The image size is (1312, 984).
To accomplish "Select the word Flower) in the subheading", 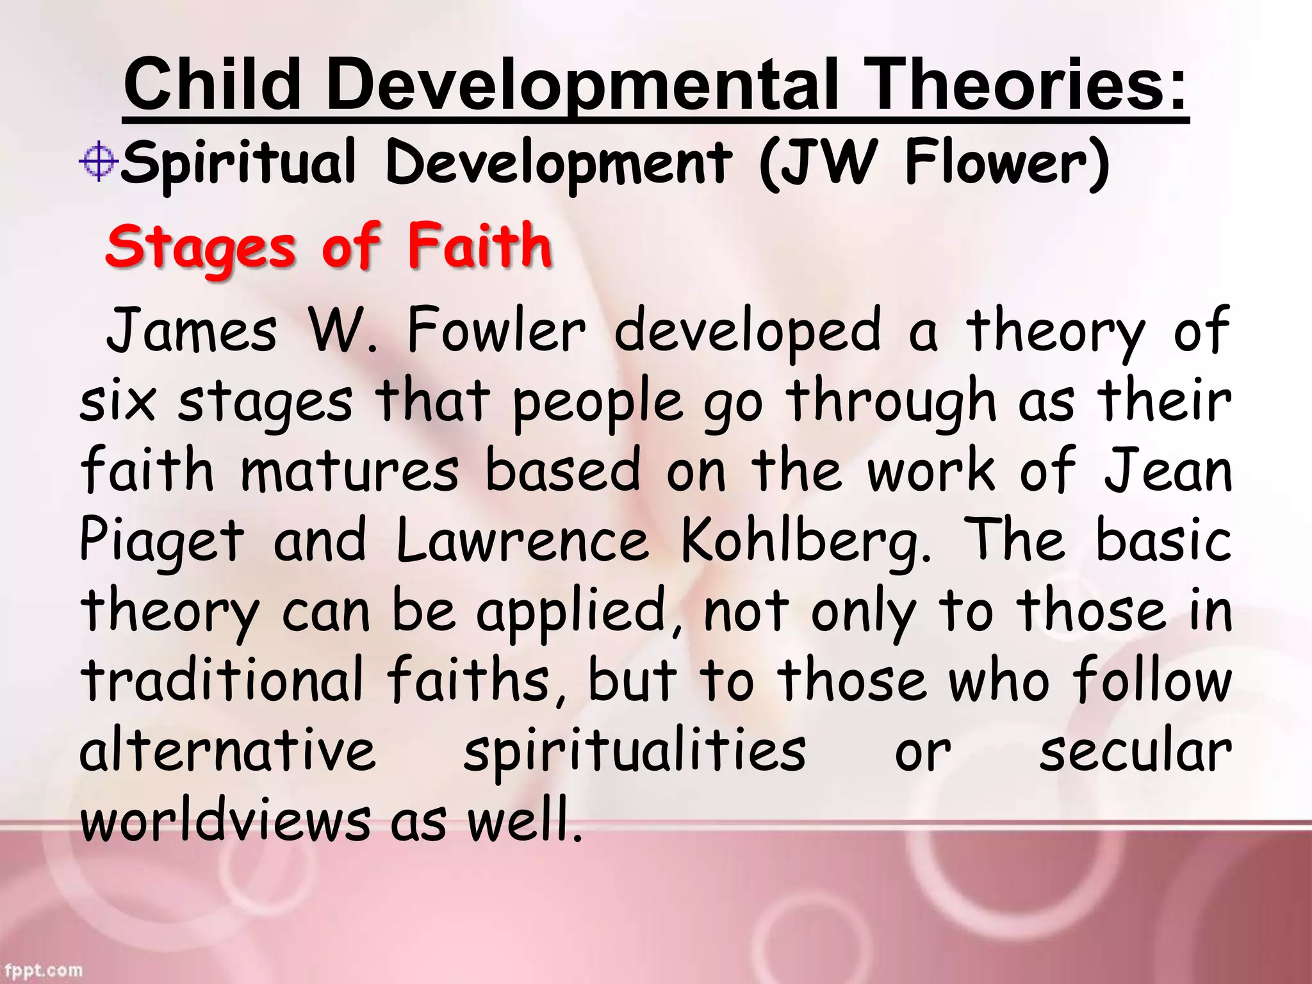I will click(x=1006, y=163).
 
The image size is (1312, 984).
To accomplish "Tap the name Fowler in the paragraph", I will click(x=496, y=331).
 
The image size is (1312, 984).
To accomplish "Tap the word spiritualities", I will click(x=634, y=751).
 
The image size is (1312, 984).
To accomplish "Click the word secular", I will click(x=1135, y=751).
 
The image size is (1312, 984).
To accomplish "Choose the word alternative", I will click(x=227, y=751).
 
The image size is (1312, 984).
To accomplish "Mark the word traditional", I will click(x=222, y=680).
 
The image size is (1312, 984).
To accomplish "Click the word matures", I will click(x=350, y=471).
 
